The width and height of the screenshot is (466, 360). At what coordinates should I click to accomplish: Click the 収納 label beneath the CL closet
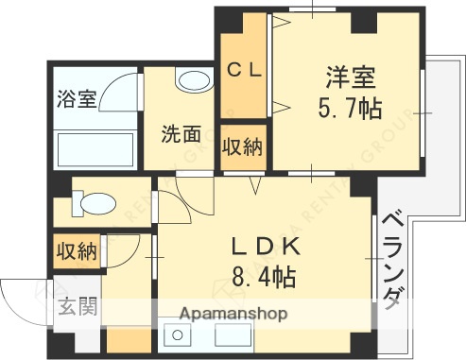click(x=244, y=147)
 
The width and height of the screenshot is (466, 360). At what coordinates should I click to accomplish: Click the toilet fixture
click(x=93, y=201)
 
